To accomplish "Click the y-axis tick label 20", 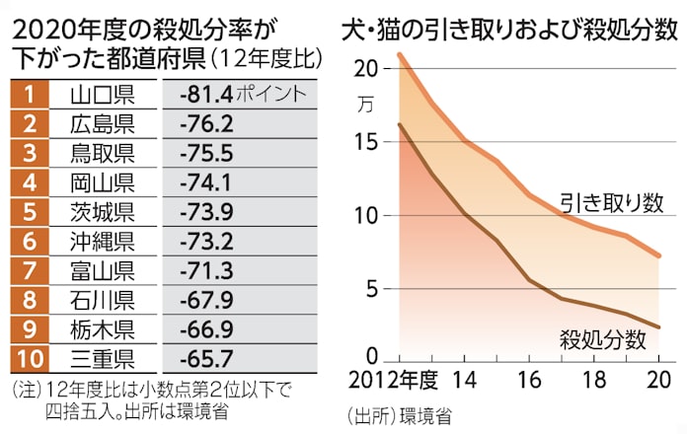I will coord(366,69).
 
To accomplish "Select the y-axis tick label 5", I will coord(372,289).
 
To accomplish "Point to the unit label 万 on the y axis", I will coord(367,102).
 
